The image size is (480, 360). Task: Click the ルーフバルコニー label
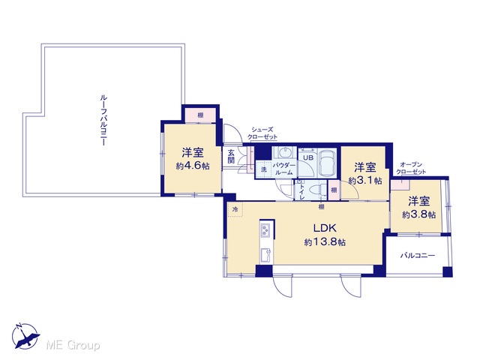pyautogui.click(x=103, y=120)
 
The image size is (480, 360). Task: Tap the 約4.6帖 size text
pyautogui.click(x=193, y=166)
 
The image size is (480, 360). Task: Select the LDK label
pyautogui.click(x=325, y=228)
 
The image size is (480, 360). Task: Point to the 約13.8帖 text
pyautogui.click(x=325, y=242)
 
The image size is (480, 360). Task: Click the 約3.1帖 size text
pyautogui.click(x=365, y=181)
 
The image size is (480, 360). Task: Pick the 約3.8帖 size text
pyautogui.click(x=418, y=215)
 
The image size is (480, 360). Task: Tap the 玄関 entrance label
pyautogui.click(x=232, y=157)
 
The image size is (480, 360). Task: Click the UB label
pyautogui.click(x=308, y=158)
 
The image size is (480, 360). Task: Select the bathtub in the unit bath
pyautogui.click(x=327, y=163)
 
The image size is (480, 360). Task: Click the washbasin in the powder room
pyautogui.click(x=286, y=152)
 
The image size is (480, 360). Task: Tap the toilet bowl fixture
pyautogui.click(x=317, y=189)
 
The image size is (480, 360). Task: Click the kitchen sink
pyautogui.click(x=265, y=256)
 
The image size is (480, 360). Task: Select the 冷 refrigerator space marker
pyautogui.click(x=235, y=210)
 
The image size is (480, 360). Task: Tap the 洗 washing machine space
pyautogui.click(x=263, y=169)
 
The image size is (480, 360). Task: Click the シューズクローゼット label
pyautogui.click(x=262, y=133)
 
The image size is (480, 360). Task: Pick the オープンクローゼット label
pyautogui.click(x=411, y=168)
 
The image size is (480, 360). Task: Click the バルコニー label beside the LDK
pyautogui.click(x=418, y=255)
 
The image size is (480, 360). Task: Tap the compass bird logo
pyautogui.click(x=25, y=337)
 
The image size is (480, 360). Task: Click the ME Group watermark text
pyautogui.click(x=73, y=345)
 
